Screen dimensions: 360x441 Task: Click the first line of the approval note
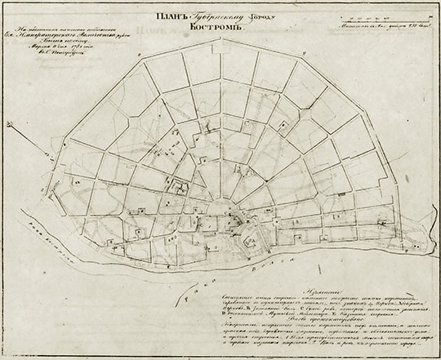[77, 30]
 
